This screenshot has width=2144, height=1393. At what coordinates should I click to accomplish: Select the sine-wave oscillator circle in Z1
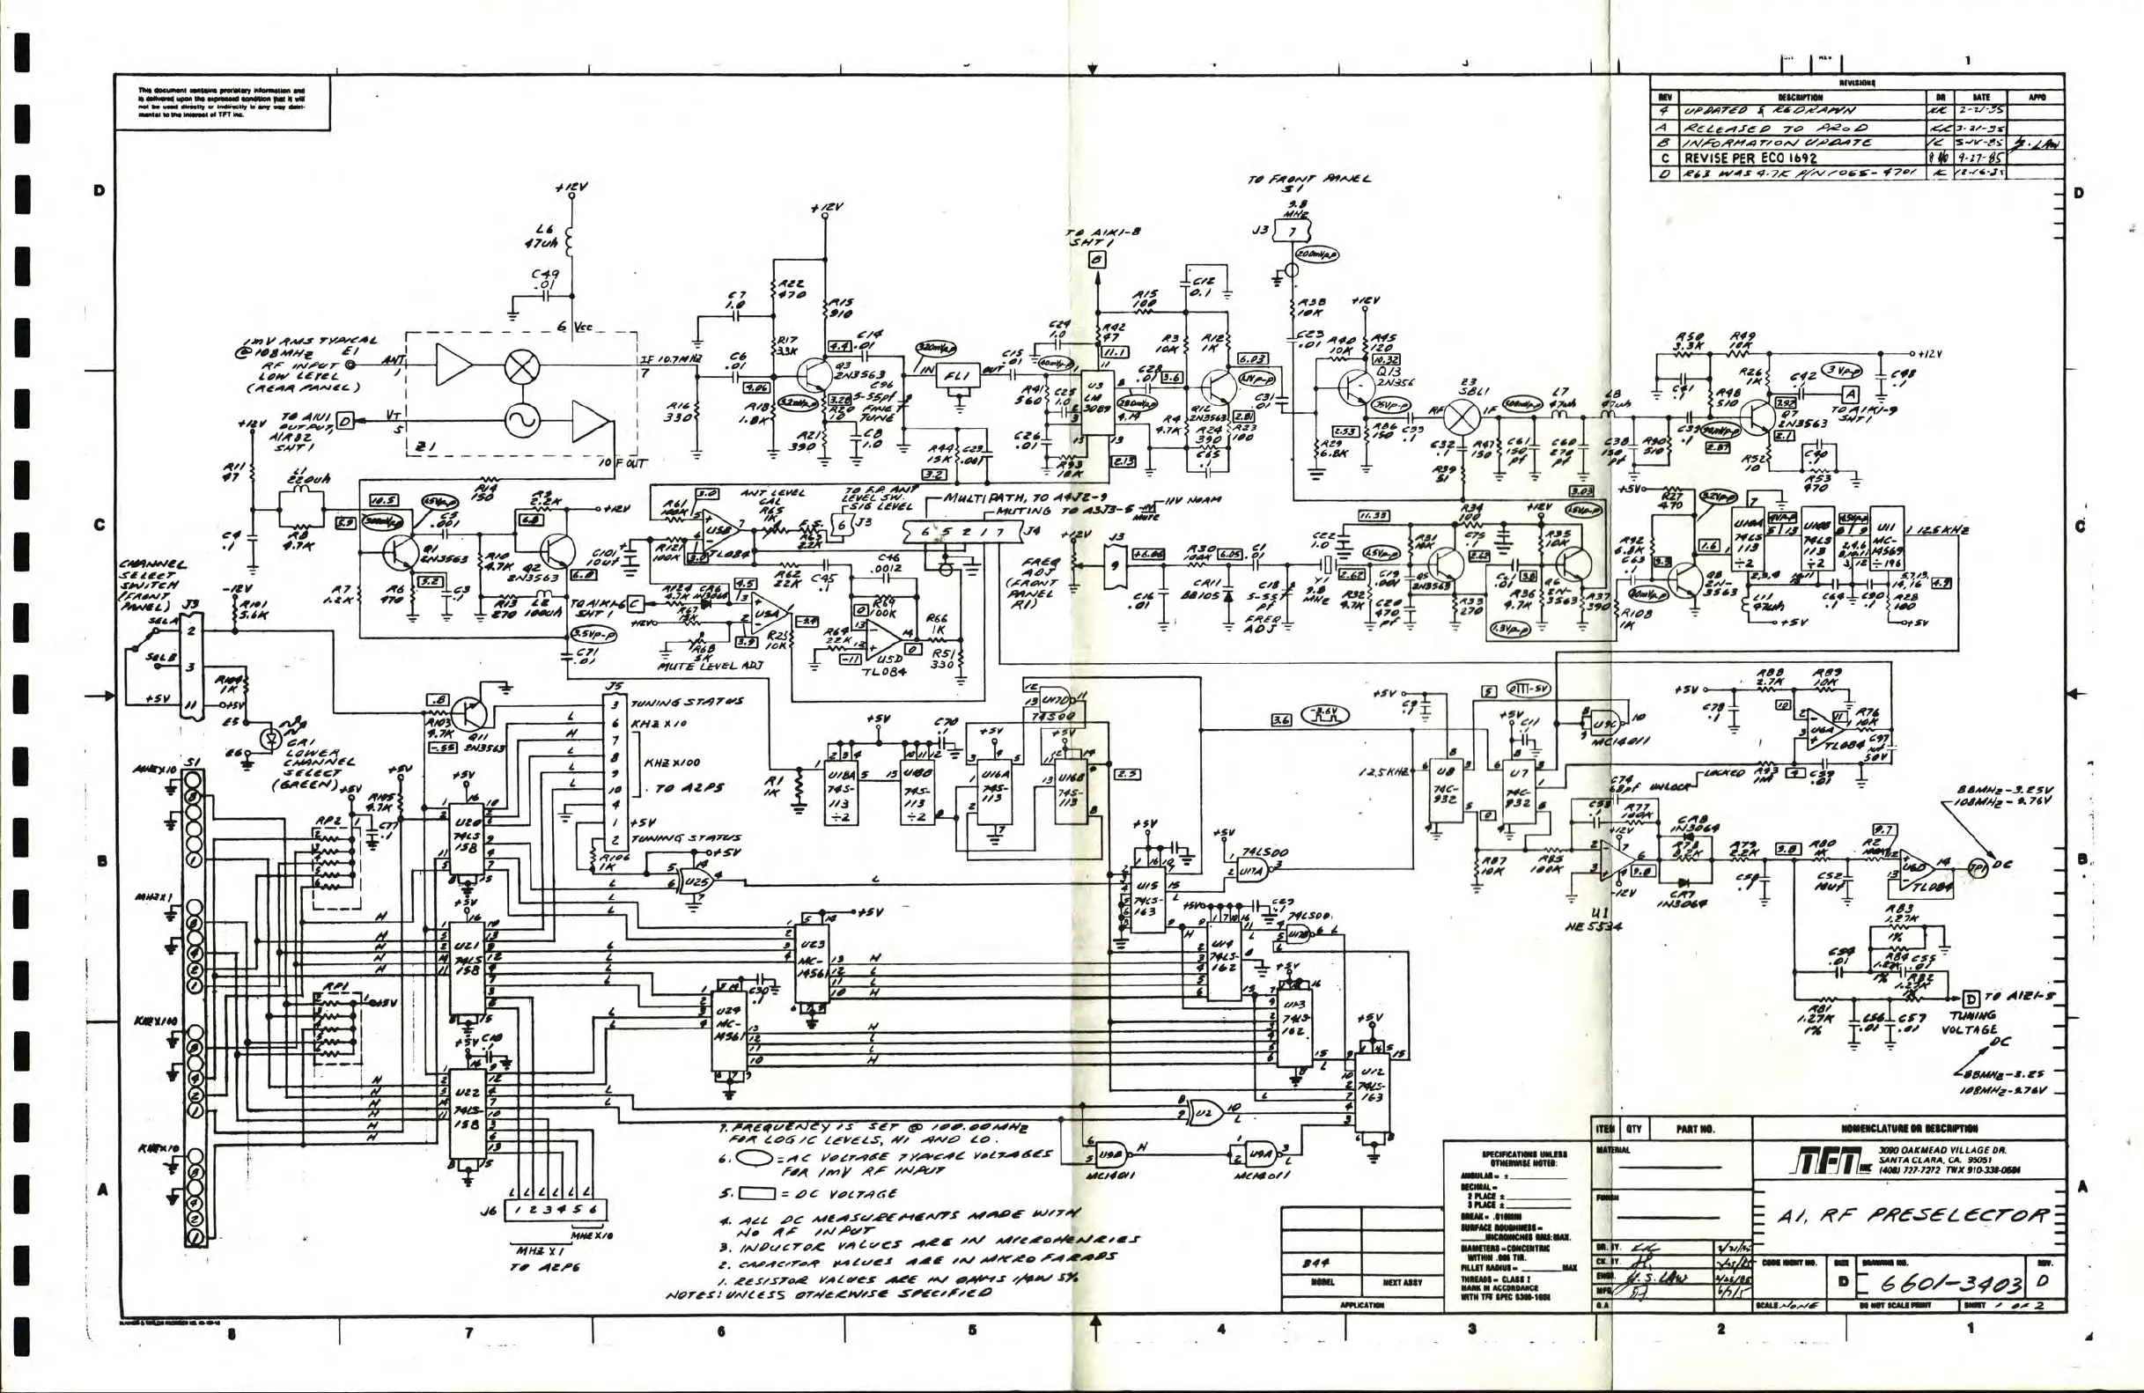point(519,419)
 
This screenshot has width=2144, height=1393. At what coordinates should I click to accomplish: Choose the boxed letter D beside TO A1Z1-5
point(1971,999)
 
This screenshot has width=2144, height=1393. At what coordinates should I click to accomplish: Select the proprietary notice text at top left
point(222,103)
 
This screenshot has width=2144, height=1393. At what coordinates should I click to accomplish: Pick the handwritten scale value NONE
point(1798,1306)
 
